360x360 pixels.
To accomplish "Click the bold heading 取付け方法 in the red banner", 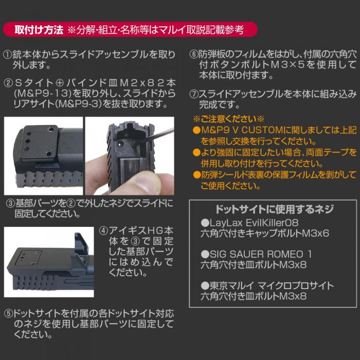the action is pos(39,30).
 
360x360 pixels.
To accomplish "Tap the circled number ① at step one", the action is pos(8,55).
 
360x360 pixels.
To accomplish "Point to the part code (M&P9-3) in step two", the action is pos(79,104).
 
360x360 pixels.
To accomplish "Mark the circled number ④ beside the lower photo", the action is pos(103,231).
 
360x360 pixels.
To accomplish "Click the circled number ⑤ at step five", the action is pos(8,314).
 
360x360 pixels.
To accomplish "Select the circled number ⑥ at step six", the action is pos(193,55).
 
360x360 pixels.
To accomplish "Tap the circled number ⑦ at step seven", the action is pos(193,94).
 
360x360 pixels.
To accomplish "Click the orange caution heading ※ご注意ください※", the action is pos(228,119).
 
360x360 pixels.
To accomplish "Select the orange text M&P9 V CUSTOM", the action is pos(242,130).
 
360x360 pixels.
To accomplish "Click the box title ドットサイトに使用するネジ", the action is pos(274,209).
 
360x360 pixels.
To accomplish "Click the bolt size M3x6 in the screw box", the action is pos(315,233).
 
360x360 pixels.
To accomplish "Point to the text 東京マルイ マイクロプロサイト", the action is pos(272,285).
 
